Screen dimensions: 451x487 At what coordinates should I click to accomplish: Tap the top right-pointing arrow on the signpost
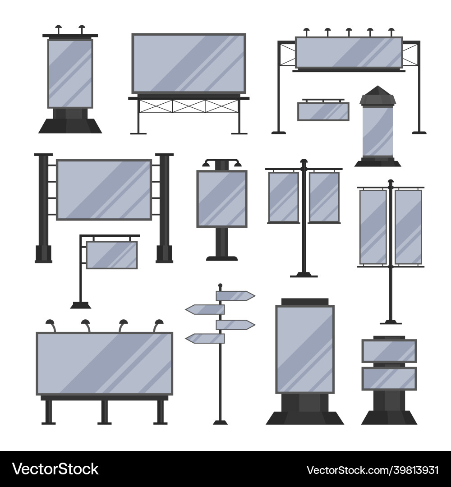coord(235,296)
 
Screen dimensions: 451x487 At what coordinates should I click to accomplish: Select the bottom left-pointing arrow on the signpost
coord(205,338)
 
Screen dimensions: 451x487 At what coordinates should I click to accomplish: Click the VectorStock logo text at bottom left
coord(55,469)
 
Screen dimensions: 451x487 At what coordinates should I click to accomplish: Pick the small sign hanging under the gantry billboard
coord(323,111)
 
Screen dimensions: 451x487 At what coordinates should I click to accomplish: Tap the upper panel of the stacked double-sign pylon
coord(389,350)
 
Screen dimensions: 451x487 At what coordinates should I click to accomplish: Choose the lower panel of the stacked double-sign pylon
coord(389,379)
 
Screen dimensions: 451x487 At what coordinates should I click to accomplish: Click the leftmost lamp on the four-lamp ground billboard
coord(50,324)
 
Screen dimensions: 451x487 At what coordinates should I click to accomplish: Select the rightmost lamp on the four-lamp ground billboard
coord(158,324)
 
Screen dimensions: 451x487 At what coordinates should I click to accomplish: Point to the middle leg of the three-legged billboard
coord(104,411)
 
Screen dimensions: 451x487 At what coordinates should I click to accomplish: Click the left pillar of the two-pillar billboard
coord(43,207)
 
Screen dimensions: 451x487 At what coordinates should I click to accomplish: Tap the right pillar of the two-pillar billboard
coord(164,207)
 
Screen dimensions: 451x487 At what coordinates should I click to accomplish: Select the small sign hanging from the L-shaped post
coord(112,255)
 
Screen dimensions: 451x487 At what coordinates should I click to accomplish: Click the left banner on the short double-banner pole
coord(284,197)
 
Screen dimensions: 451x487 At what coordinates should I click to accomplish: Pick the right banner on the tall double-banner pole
coord(408,227)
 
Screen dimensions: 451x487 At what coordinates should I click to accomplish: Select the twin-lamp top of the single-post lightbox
coord(222,162)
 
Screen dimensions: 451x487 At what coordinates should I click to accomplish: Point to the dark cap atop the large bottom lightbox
coord(304,301)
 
